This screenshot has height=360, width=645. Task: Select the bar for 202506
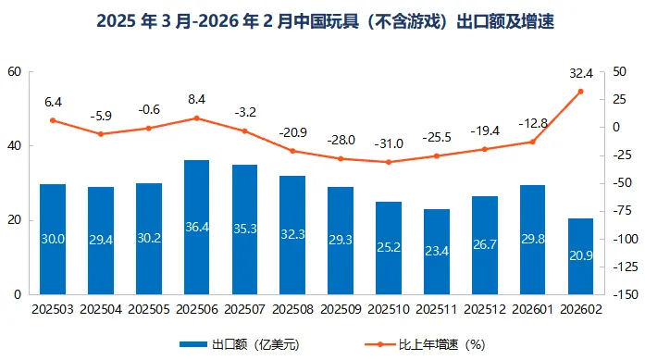pos(196,227)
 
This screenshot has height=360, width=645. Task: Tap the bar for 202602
pos(580,256)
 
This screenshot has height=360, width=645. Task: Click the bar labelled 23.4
pos(437,252)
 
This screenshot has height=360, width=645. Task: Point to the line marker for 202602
pos(580,91)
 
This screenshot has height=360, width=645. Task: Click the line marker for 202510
pos(389,162)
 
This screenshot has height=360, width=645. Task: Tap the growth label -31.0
pos(389,143)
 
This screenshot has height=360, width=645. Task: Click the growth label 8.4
pos(196,99)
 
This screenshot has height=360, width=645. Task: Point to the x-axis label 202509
pos(341,307)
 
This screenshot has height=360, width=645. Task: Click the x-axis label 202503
pos(53,307)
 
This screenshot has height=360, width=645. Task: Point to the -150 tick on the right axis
pos(625,294)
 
